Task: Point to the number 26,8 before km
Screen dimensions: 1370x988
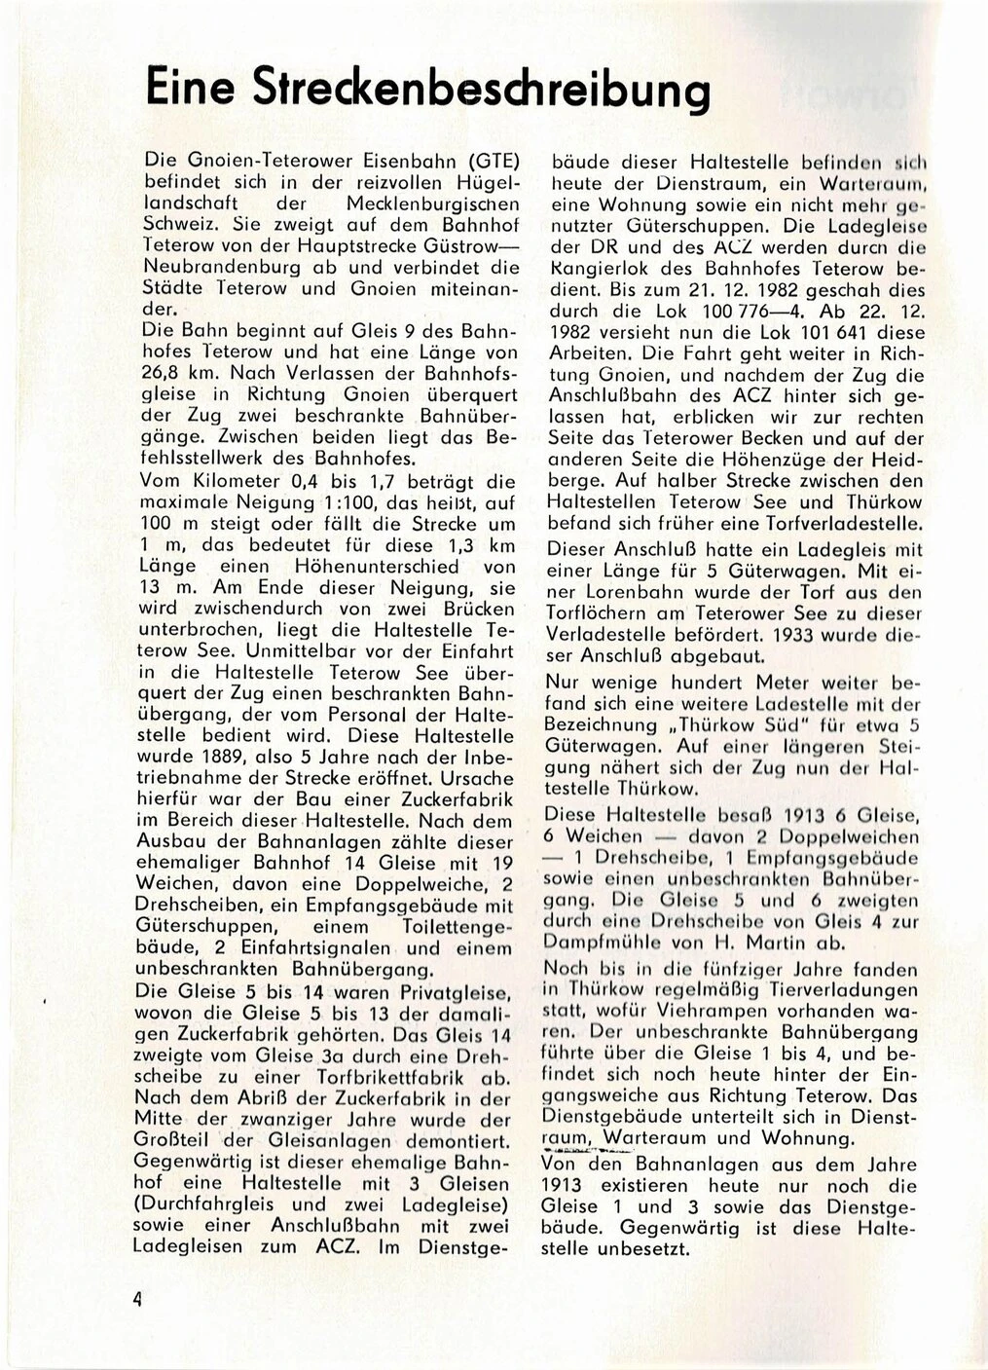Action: (162, 374)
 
